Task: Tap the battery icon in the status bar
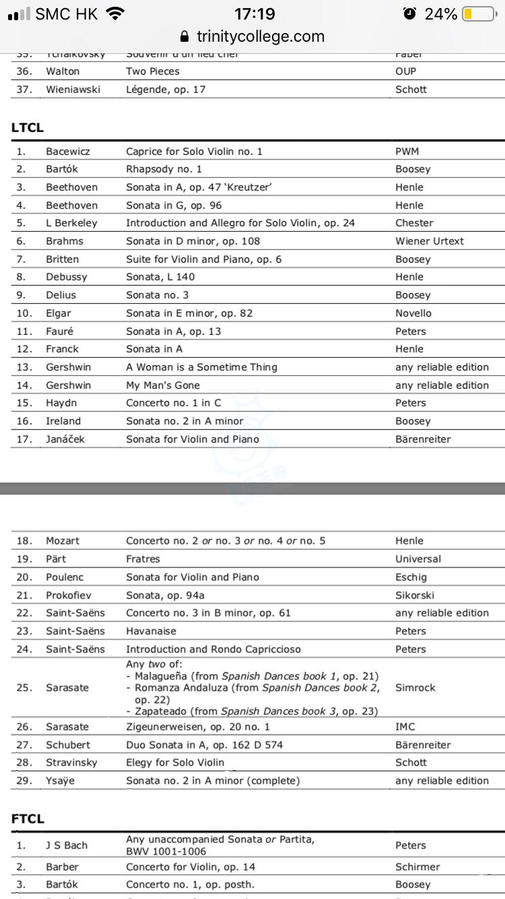point(477,14)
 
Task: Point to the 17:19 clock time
point(255,14)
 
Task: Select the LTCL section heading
point(28,127)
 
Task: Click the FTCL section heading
point(28,819)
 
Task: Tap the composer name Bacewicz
point(68,152)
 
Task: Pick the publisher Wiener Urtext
point(430,241)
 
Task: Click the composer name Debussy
point(67,277)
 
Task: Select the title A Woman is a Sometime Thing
point(201,367)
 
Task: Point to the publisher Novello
point(413,313)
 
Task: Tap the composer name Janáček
point(66,439)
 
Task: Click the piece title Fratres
point(143,559)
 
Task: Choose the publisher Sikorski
point(415,595)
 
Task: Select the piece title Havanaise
point(151,631)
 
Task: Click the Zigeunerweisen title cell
point(198,727)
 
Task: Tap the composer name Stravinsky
point(71,763)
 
